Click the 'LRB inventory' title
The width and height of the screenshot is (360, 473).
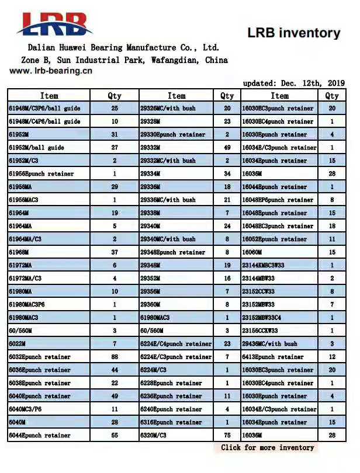[x=293, y=33]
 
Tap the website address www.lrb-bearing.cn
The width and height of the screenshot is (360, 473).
[x=51, y=71]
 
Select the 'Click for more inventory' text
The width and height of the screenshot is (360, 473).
[x=267, y=448]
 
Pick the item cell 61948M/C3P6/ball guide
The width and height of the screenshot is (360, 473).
[x=44, y=109]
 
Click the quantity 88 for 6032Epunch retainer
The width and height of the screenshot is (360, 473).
[x=115, y=357]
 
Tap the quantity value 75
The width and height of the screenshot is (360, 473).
[x=227, y=436]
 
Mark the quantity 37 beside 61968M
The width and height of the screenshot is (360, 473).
[x=115, y=252]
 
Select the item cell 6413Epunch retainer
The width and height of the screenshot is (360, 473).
[x=272, y=357]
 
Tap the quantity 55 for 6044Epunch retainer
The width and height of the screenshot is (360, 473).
[x=115, y=436]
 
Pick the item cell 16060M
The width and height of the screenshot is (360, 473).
[x=254, y=252]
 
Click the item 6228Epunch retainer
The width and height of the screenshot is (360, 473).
[x=171, y=383]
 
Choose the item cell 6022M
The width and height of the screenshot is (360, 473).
[x=18, y=344]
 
